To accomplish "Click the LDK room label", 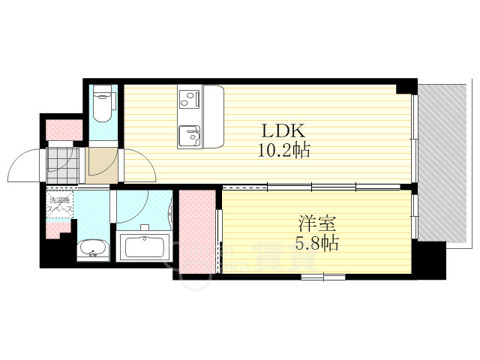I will [282, 128].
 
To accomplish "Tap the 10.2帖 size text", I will [283, 150].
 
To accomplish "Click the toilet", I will [103, 105].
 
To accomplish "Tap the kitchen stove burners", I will [189, 98].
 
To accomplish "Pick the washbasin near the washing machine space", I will [93, 248].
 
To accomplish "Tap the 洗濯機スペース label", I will [61, 205].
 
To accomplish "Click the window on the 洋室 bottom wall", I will [323, 277].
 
